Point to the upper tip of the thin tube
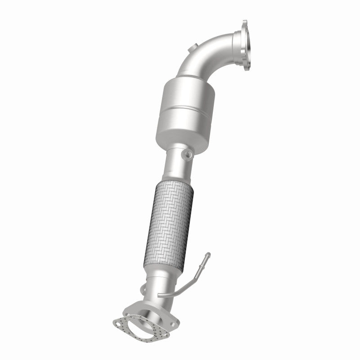coord(207,255)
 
